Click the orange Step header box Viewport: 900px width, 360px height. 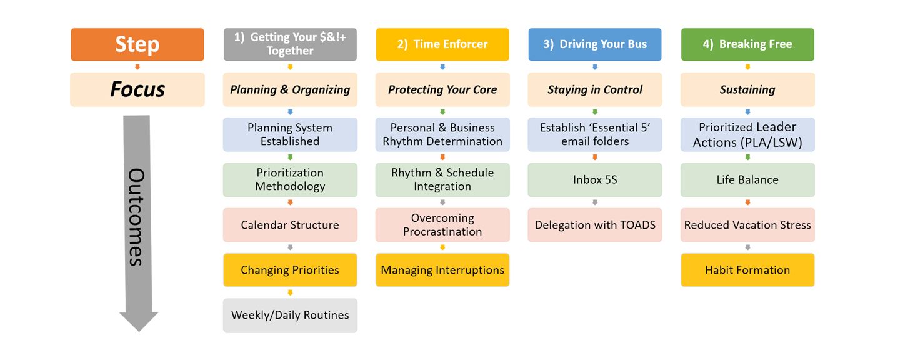tap(137, 44)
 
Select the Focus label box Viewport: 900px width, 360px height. tap(137, 89)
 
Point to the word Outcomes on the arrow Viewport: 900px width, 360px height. tap(137, 217)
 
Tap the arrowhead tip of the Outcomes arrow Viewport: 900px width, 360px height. tap(139, 331)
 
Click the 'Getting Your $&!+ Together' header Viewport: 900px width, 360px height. tap(290, 44)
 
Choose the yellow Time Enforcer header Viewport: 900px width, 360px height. tap(442, 44)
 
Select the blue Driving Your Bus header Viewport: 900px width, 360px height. tap(595, 44)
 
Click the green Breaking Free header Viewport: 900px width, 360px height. tap(747, 44)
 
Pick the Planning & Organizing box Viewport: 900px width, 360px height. tap(290, 89)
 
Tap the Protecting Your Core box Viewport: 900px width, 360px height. tap(442, 89)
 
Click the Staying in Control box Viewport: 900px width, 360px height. tap(595, 89)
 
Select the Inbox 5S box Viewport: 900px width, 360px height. tap(595, 179)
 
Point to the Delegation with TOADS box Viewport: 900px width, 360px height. tap(595, 225)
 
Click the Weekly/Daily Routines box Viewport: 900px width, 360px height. tap(290, 316)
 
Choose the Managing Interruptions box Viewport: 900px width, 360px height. tap(442, 270)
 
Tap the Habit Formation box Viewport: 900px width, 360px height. tap(747, 270)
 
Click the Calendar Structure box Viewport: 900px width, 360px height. tap(290, 225)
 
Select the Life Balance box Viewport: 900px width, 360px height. tap(747, 179)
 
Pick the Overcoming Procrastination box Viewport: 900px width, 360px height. tap(442, 225)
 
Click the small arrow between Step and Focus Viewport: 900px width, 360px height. tap(137, 67)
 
